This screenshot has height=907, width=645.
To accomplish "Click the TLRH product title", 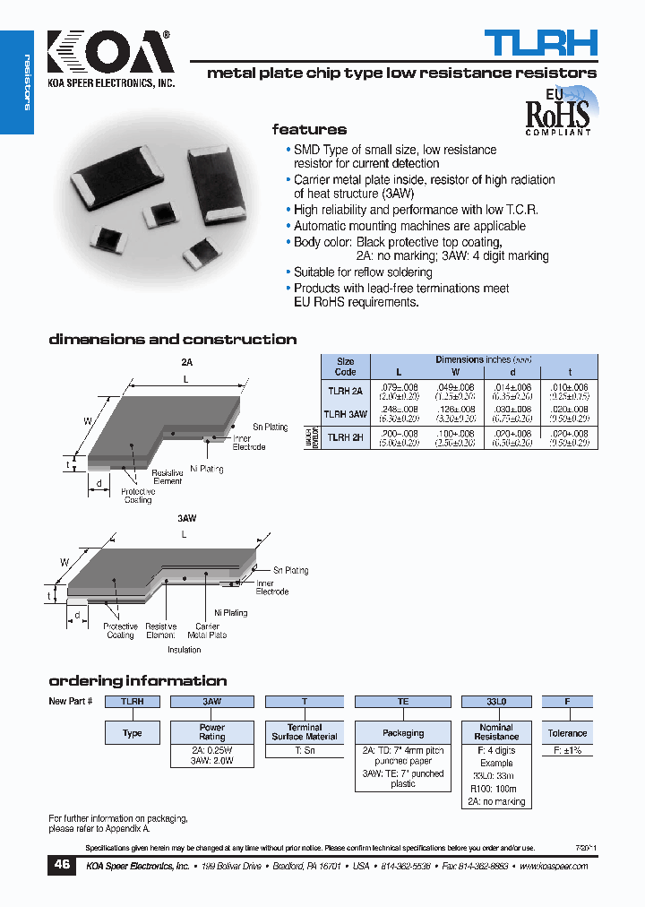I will tap(541, 43).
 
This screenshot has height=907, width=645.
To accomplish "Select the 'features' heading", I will tap(309, 130).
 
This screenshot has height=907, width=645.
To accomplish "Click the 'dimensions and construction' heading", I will tap(172, 340).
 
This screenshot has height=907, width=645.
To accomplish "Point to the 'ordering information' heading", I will tap(137, 681).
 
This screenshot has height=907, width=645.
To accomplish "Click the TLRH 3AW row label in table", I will tap(345, 414).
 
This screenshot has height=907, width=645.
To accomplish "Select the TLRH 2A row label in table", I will tap(345, 391).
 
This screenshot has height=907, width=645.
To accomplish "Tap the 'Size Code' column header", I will tap(345, 366).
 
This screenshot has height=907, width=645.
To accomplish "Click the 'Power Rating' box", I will tap(212, 732).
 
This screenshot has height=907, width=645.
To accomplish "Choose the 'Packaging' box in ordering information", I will tap(403, 733).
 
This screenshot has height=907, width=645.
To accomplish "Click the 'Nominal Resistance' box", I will tap(496, 732).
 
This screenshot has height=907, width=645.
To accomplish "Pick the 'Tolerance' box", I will tap(567, 733).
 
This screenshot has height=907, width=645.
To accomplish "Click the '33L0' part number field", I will tap(496, 702).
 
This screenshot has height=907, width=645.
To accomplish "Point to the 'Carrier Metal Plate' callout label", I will tap(206, 631).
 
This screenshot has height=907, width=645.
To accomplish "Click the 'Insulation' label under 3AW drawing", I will tap(184, 650).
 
